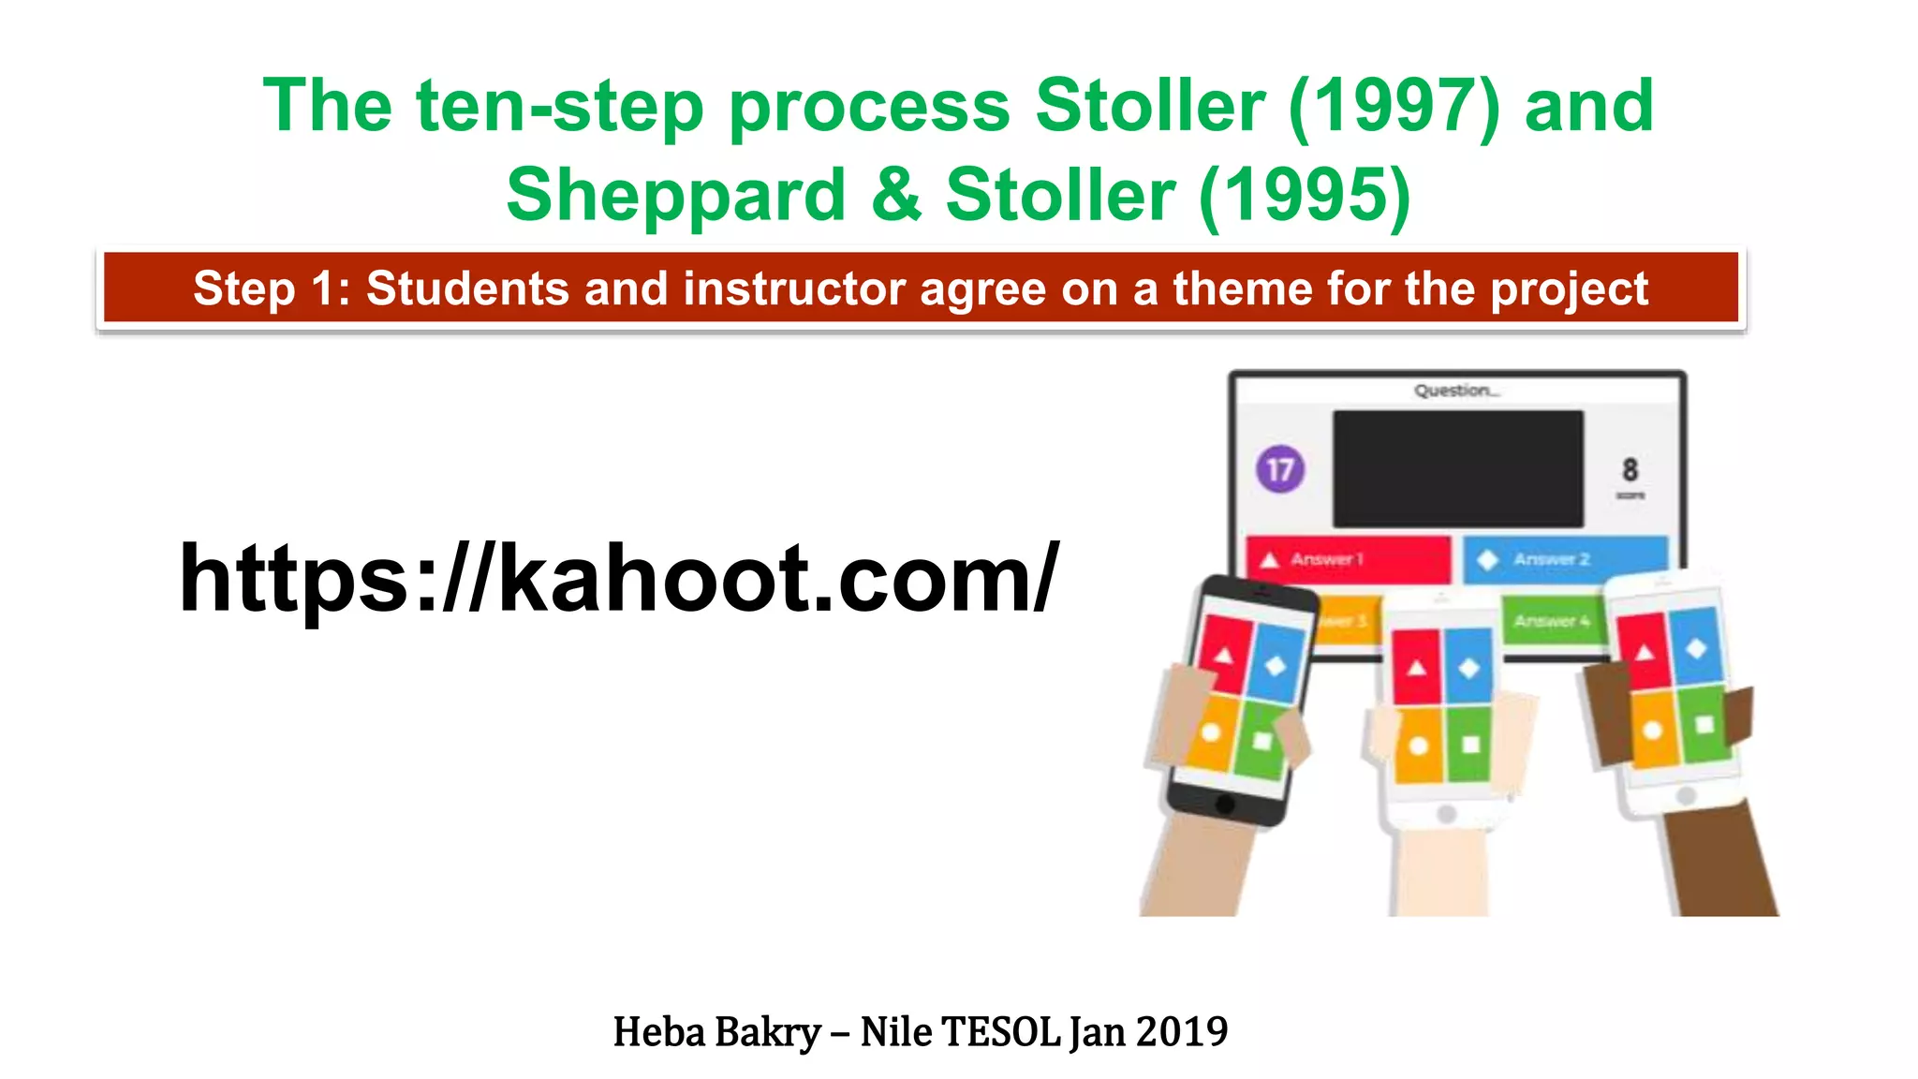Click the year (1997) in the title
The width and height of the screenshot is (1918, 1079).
pos(1394,107)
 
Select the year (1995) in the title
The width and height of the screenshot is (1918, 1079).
pos(1305,195)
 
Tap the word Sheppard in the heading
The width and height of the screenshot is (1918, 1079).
pos(675,195)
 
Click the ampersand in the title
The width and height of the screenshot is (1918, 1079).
pos(895,195)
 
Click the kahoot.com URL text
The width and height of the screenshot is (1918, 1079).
pos(618,579)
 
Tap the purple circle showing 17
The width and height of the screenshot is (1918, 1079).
pos(1279,469)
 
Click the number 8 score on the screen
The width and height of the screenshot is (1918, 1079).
pos(1630,469)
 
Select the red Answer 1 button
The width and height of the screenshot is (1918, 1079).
pos(1347,559)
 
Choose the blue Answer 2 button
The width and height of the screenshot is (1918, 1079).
pos(1564,559)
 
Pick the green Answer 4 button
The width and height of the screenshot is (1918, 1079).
pos(1552,620)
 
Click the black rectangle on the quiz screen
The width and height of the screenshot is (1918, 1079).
pos(1457,468)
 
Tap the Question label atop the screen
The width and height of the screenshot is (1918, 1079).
pos(1455,391)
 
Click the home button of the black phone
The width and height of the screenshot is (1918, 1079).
pos(1224,804)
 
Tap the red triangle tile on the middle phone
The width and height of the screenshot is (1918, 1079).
pos(1416,666)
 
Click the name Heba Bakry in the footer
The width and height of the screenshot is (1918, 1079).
pos(716,1032)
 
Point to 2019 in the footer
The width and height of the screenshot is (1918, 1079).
pos(1181,1032)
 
